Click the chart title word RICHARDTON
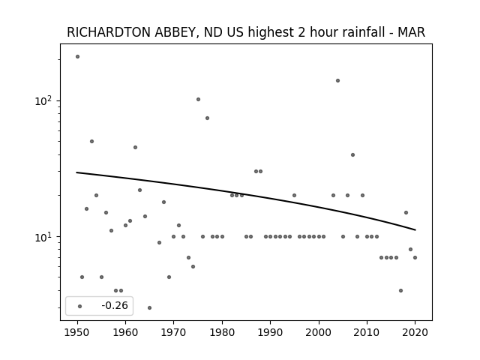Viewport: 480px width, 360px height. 109,32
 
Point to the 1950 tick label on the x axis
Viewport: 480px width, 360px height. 77,332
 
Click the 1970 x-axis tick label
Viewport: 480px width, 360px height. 173,332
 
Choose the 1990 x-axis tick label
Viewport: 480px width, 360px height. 270,332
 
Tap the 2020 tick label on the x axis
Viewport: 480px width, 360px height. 415,332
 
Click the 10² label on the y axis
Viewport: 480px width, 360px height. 43,100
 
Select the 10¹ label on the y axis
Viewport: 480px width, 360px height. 43,236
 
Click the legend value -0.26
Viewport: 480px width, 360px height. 115,305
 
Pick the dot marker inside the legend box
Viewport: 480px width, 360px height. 80,306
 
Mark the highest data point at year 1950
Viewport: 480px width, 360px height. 77,57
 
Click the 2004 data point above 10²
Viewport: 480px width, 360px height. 337,80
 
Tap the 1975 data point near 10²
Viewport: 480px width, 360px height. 198,99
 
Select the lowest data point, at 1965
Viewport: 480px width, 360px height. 149,307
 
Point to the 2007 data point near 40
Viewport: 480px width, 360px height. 352,155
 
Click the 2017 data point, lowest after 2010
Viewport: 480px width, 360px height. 400,290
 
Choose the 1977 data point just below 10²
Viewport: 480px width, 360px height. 207,118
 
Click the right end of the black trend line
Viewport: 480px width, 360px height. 415,230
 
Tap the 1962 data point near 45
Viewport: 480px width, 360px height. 135,147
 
